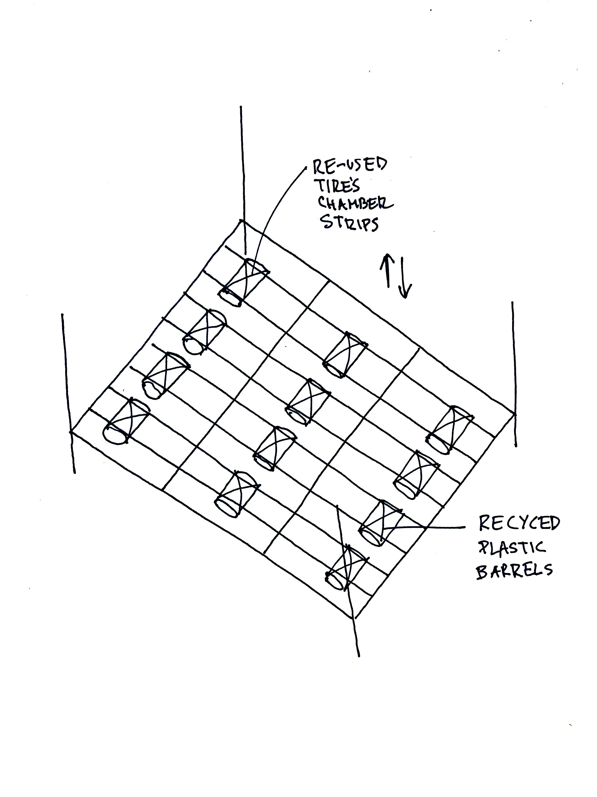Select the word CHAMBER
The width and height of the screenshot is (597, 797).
pos(354,205)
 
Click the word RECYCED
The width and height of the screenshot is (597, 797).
pos(519,523)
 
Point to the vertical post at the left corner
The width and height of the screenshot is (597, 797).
pos(68,393)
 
